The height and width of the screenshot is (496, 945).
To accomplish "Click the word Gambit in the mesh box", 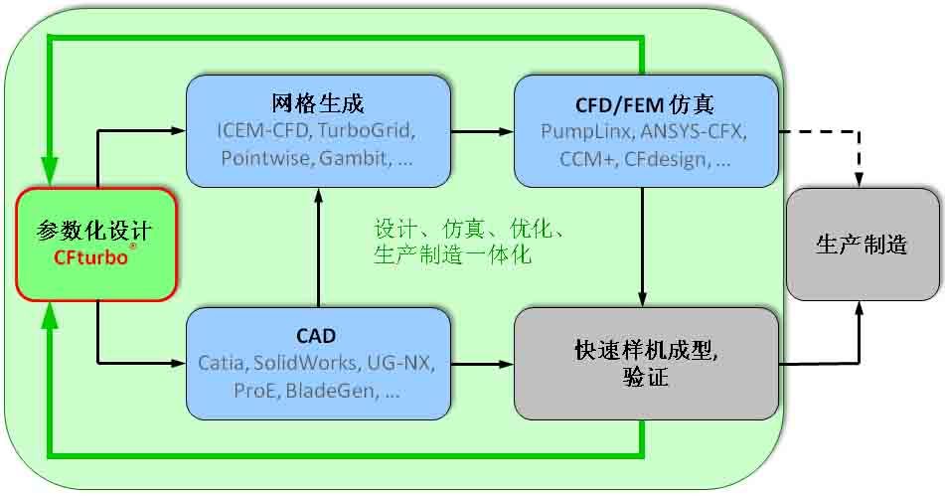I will pyautogui.click(x=349, y=159).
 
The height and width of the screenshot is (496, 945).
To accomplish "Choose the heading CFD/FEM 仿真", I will pyautogui.click(x=644, y=104).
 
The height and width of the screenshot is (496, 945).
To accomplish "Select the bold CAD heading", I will pyautogui.click(x=316, y=335).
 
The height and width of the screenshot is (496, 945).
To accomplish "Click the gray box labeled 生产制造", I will pyautogui.click(x=862, y=245).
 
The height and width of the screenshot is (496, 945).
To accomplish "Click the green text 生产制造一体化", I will pyautogui.click(x=452, y=255).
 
